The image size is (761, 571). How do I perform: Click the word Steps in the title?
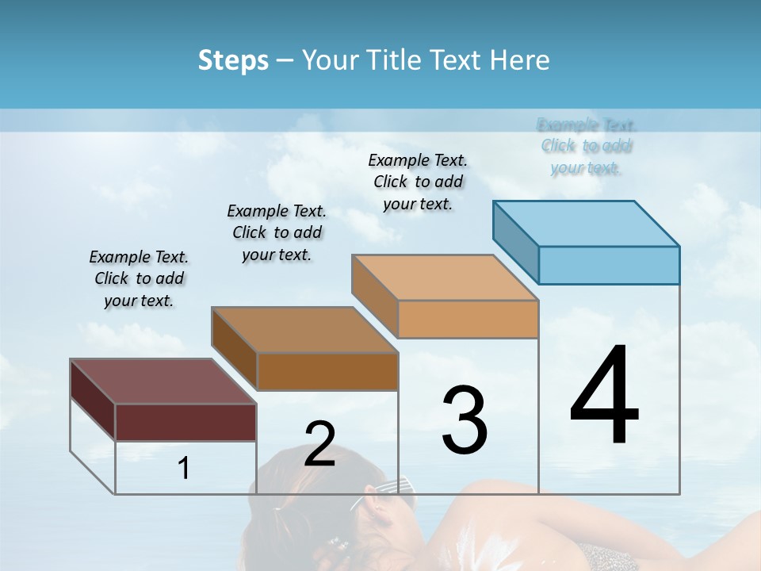[233, 60]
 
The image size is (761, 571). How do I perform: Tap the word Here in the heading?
[519, 60]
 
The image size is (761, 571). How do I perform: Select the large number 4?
[604, 396]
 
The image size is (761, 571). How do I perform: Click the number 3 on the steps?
[465, 420]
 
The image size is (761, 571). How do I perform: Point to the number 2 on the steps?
[319, 444]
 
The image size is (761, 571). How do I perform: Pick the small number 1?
[184, 468]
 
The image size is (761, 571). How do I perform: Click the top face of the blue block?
[587, 223]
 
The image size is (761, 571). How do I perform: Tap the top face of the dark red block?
[163, 381]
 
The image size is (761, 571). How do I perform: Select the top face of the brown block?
[304, 329]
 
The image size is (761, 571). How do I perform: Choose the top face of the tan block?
[445, 278]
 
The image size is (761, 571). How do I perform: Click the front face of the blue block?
[609, 265]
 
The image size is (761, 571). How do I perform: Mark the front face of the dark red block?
[185, 422]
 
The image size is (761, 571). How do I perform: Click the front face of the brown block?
[327, 371]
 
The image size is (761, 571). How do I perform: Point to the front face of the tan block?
[468, 319]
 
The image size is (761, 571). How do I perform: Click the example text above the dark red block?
[139, 278]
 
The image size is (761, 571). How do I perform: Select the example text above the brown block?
[277, 232]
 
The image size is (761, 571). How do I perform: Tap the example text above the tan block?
[418, 182]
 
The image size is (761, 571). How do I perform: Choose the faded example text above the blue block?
[587, 146]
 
